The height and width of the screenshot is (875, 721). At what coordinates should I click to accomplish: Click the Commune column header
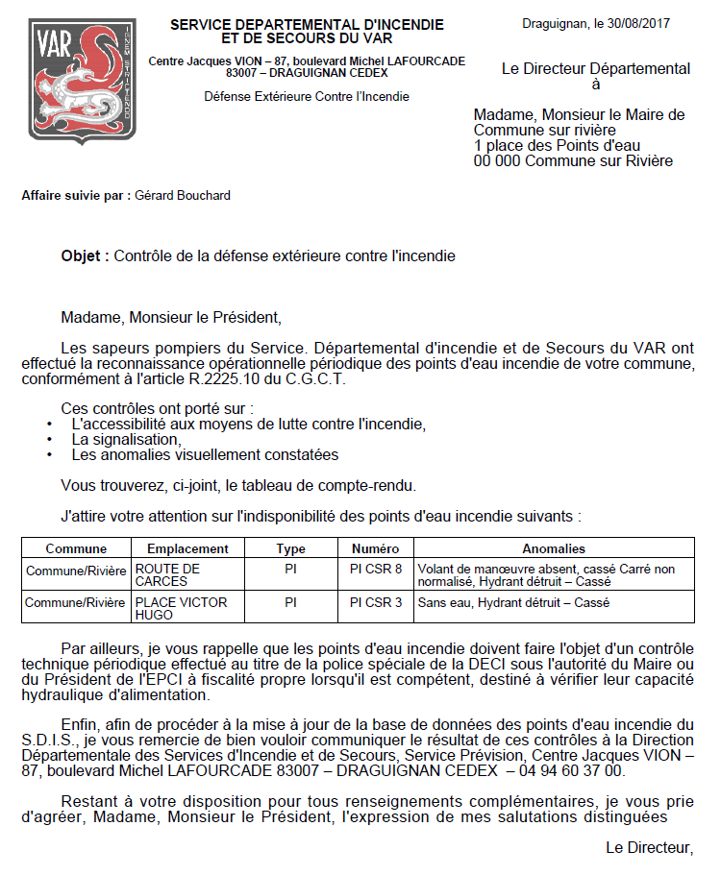click(x=76, y=549)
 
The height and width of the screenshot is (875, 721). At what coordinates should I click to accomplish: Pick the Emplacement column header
click(x=187, y=549)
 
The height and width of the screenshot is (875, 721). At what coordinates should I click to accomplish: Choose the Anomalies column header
click(x=553, y=549)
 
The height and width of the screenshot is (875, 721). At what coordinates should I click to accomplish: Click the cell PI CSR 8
click(x=375, y=569)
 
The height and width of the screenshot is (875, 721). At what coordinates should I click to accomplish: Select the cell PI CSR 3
click(x=375, y=603)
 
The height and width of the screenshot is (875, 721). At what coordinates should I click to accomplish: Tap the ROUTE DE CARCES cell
click(x=168, y=575)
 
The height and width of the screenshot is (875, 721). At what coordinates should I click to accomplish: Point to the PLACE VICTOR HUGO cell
click(x=181, y=609)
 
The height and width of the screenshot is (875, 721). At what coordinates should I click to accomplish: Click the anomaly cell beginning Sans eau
click(x=513, y=603)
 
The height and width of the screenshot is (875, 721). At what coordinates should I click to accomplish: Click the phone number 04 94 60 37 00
click(x=570, y=770)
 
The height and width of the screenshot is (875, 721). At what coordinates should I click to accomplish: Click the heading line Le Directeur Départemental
click(x=596, y=68)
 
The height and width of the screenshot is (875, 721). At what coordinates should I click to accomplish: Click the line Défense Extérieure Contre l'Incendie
click(x=307, y=97)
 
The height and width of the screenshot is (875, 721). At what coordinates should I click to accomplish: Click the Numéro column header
click(x=375, y=549)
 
